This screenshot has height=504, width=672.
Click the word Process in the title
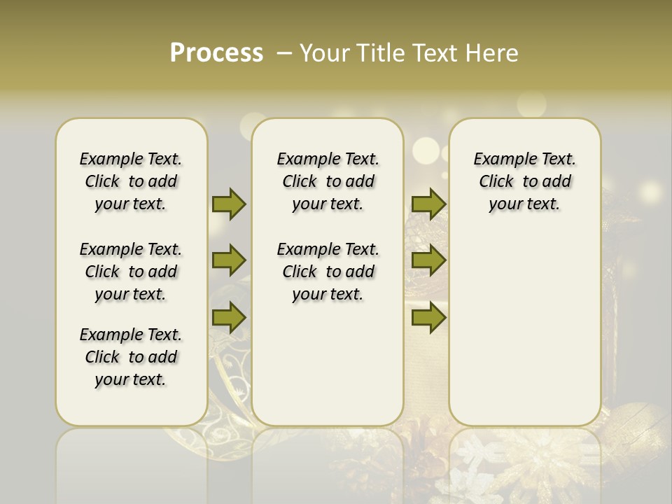coord(216,53)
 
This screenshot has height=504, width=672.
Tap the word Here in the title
coord(489,53)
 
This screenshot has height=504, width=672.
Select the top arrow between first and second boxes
coord(229,204)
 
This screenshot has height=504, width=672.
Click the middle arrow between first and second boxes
coord(229,260)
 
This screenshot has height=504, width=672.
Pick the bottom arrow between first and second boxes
coord(229,317)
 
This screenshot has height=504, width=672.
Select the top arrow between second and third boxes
coord(428,204)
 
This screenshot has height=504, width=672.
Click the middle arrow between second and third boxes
coord(428,260)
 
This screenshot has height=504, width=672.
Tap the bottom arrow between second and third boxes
coord(428,317)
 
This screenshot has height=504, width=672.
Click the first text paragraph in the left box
coord(131,181)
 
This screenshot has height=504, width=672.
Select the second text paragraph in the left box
coord(131,272)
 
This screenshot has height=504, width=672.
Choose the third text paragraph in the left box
coord(131,357)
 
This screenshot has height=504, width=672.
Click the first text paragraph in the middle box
coord(328,181)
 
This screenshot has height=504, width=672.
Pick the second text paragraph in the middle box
coord(328,272)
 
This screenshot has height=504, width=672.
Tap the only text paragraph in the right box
coord(524,181)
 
